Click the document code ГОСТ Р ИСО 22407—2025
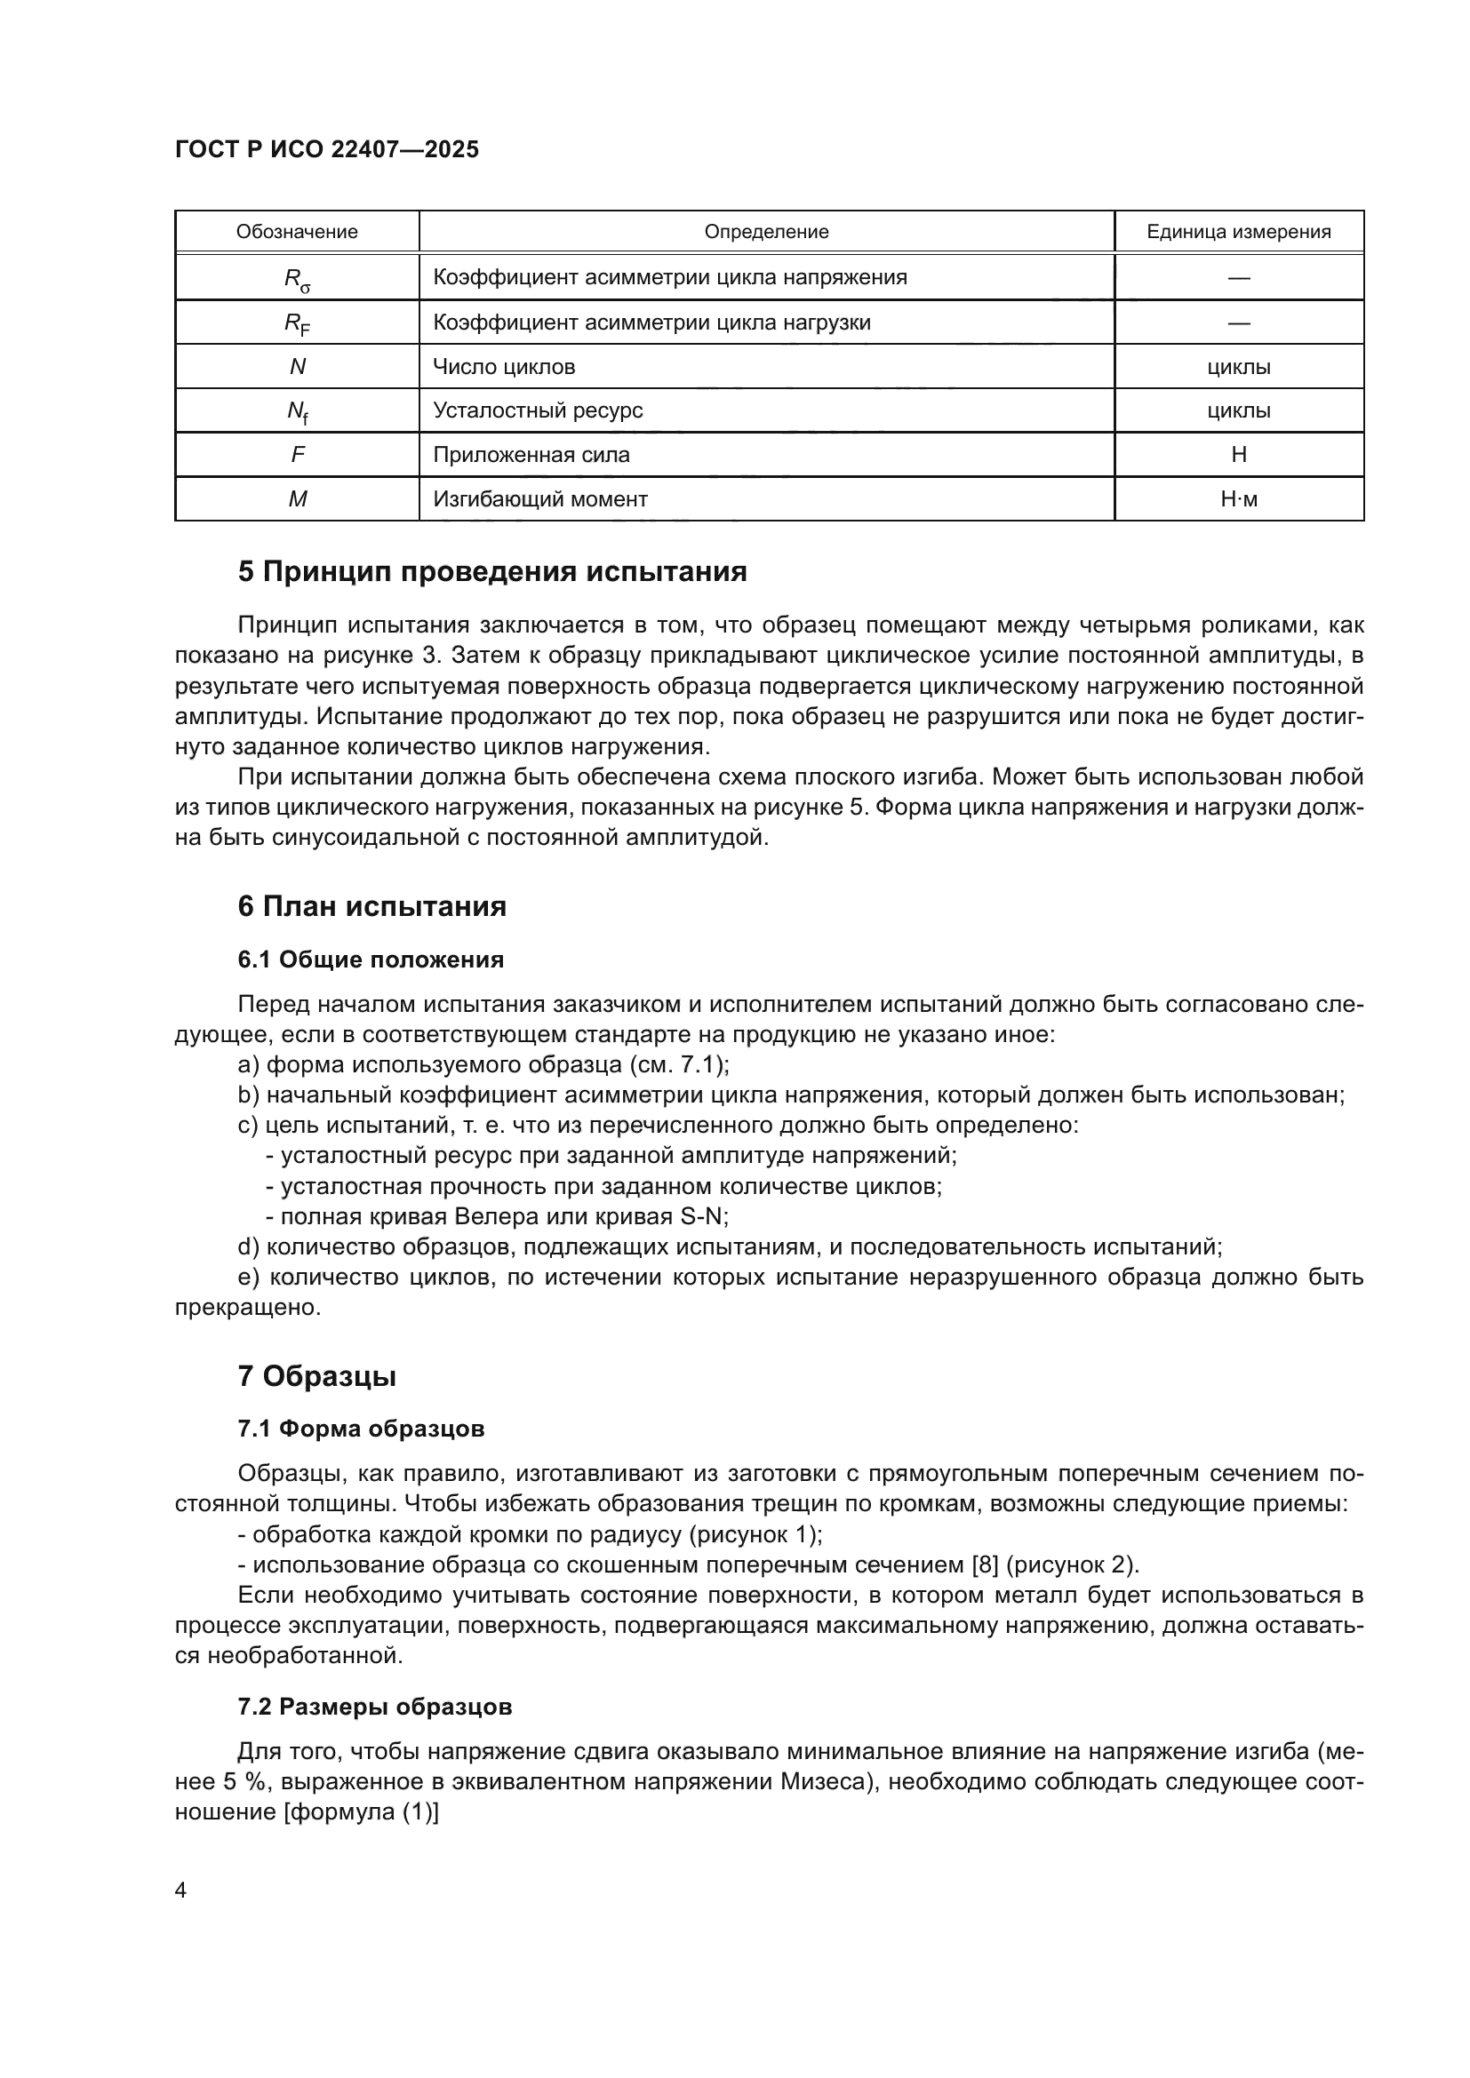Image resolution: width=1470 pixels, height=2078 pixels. coord(327,150)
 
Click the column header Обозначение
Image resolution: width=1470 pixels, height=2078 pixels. coord(297,232)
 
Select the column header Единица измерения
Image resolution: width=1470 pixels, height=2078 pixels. coord(1238,232)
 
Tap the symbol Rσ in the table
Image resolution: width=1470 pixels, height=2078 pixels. coord(297,279)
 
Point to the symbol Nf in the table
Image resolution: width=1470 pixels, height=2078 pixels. coord(297,412)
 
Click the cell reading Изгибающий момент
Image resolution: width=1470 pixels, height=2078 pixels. coord(539,498)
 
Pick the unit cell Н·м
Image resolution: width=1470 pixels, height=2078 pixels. coord(1238,498)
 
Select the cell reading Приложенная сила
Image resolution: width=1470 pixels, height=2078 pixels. coord(531,454)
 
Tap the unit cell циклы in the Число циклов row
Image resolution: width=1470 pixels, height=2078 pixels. coord(1238,367)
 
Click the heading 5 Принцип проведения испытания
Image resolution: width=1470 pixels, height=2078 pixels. coord(492,572)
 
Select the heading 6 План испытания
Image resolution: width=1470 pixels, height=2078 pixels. coord(372,906)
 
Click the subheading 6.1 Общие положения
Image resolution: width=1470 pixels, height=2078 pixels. coord(371,959)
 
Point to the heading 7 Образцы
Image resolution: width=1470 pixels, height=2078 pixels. coord(316,1376)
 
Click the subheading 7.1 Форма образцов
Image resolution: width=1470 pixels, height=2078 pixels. coord(360,1429)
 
